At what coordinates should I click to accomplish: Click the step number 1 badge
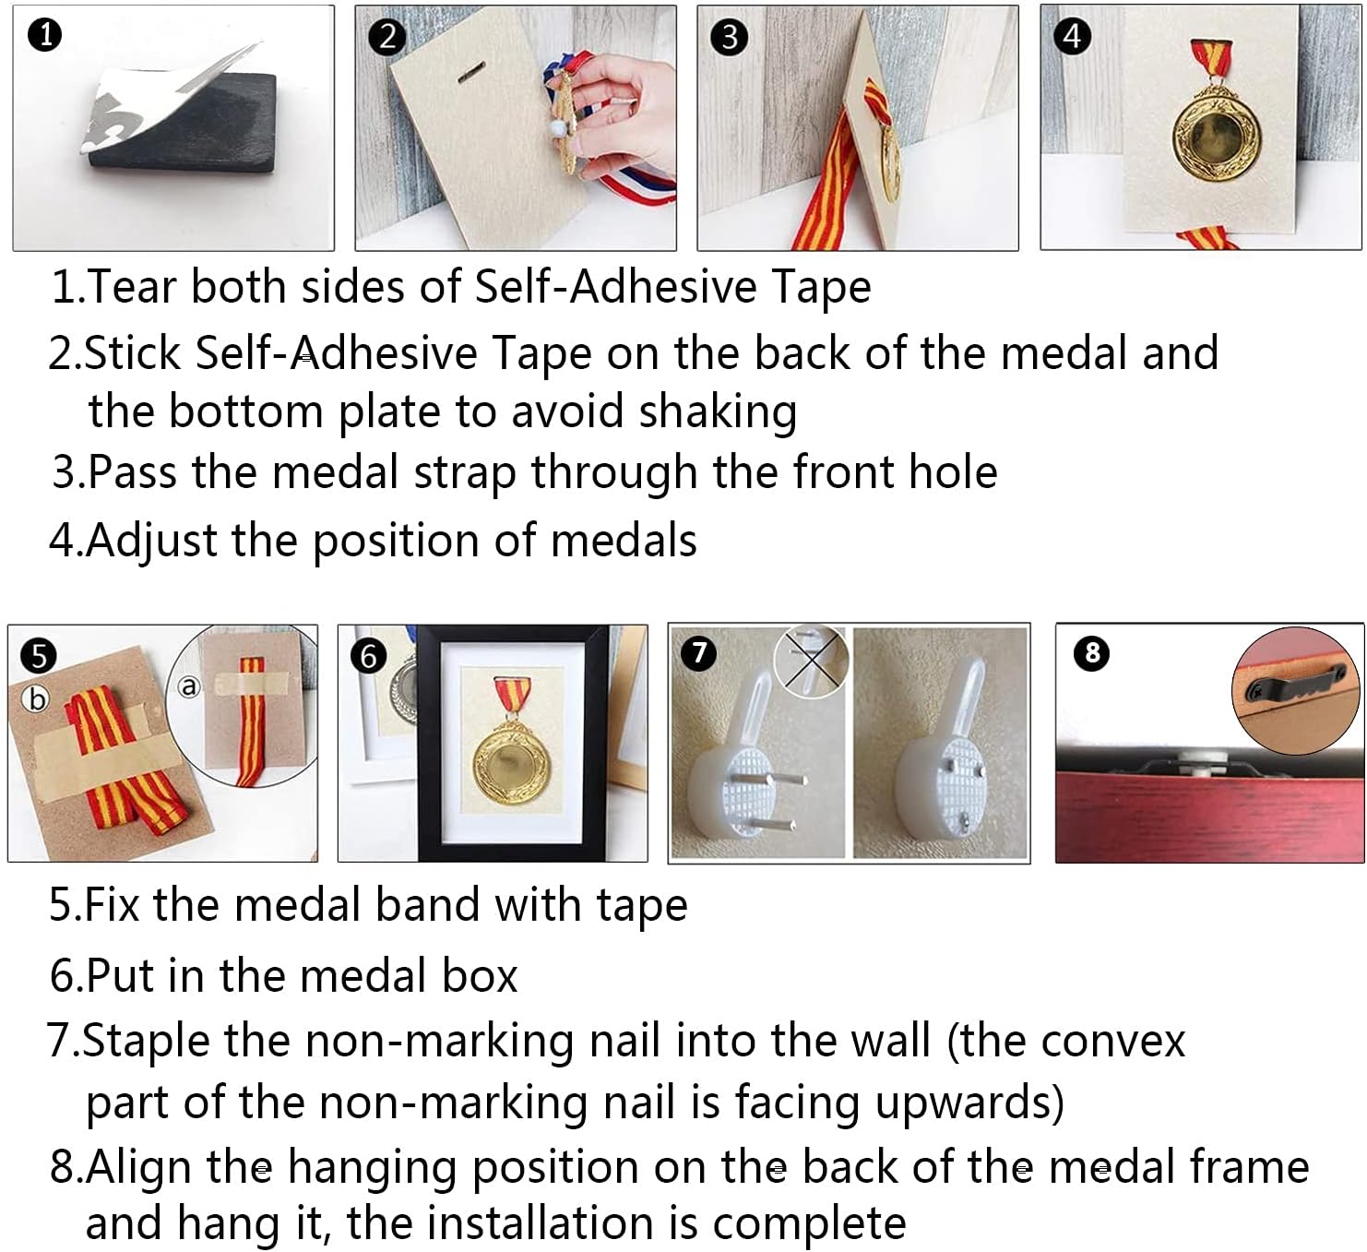[45, 35]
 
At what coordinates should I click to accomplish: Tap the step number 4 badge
[1072, 36]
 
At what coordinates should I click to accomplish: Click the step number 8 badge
[1092, 652]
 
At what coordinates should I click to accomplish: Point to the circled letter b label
[36, 699]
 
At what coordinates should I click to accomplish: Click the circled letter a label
[189, 686]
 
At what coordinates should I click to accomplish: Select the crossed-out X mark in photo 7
[811, 660]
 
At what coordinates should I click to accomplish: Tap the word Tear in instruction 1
[132, 286]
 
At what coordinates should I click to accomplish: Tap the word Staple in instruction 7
[146, 1042]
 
